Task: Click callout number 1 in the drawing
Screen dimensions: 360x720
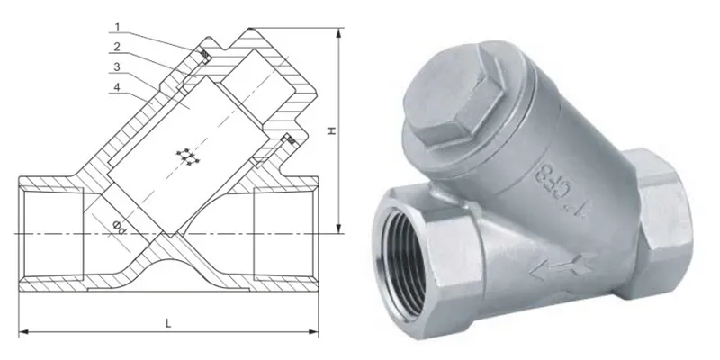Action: tap(118, 30)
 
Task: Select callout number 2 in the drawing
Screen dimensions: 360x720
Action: tap(118, 47)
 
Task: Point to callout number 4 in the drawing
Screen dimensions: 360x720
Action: tap(118, 87)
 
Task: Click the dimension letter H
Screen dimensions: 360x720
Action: tap(330, 131)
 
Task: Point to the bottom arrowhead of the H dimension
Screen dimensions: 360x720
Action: tap(339, 229)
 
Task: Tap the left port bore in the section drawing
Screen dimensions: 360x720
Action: tap(49, 233)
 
